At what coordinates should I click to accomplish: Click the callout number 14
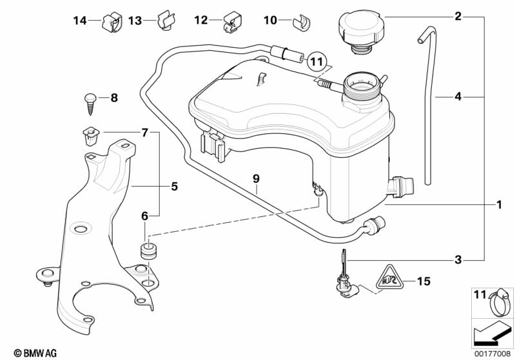79,21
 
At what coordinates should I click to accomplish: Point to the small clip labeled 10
301,23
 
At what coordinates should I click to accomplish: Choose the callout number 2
458,15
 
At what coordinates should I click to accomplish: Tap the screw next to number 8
90,99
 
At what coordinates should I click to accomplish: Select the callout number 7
144,133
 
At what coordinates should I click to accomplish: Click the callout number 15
423,281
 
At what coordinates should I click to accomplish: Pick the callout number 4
458,97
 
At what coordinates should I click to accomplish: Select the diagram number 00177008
492,354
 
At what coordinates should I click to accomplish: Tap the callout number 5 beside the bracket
173,187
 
